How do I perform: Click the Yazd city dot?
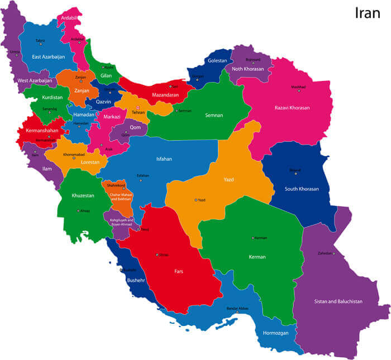point(195,200)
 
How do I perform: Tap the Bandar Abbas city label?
point(237,308)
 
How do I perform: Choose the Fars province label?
point(178,272)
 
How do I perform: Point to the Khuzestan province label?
point(83,196)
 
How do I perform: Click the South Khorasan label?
point(302,189)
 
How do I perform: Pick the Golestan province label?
point(217,60)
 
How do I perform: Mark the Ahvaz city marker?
point(78,210)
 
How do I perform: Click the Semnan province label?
point(214,116)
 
